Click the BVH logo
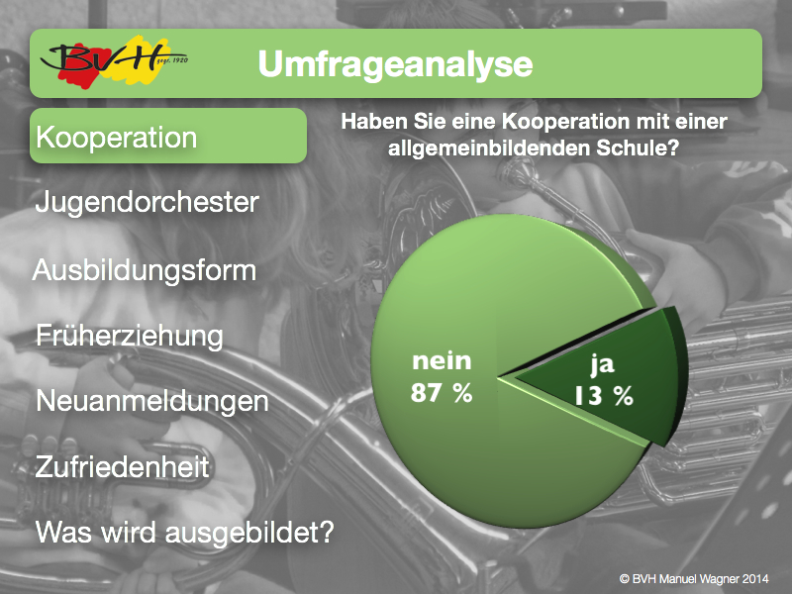pyautogui.click(x=114, y=61)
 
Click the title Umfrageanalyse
pyautogui.click(x=395, y=64)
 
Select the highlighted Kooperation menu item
pyautogui.click(x=168, y=136)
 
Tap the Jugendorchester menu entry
pyautogui.click(x=147, y=203)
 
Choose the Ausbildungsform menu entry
pyautogui.click(x=145, y=270)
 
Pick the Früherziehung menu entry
pyautogui.click(x=130, y=336)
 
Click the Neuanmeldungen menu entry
pyautogui.click(x=152, y=402)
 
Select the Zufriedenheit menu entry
pyautogui.click(x=122, y=466)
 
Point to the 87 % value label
pyautogui.click(x=442, y=392)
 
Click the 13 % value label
pyautogui.click(x=604, y=396)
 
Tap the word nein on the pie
pyautogui.click(x=442, y=360)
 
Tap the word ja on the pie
pyautogui.click(x=602, y=364)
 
